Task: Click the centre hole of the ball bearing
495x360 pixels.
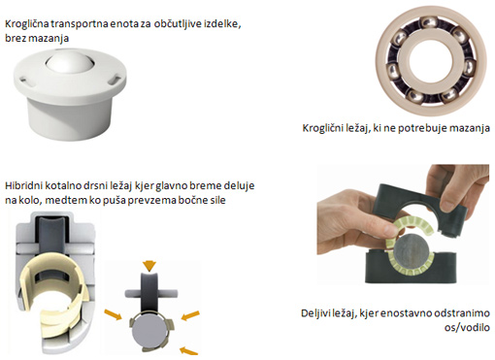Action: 427,60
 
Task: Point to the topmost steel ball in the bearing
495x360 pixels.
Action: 427,23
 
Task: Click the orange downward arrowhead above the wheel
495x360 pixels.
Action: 149,266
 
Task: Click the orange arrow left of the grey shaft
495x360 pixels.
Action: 114,313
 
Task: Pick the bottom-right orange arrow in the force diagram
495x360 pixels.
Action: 188,351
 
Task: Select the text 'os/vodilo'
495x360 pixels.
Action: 467,327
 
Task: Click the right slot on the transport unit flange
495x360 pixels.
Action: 114,80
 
